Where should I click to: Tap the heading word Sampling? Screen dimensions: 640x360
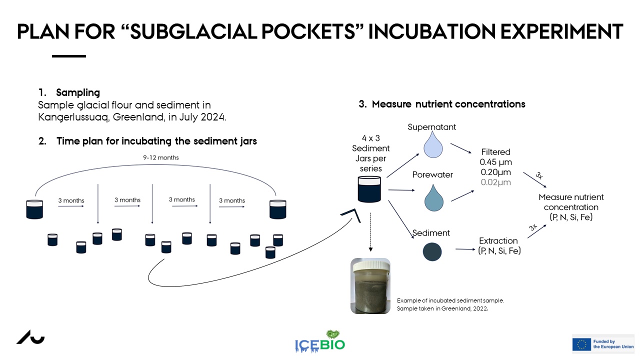78,92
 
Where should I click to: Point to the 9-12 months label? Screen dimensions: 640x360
161,157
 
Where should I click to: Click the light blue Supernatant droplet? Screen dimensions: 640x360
433,145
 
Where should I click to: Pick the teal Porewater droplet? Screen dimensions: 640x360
433,198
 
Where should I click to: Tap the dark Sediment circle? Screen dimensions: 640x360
432,251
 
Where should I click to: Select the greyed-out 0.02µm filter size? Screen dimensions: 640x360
495,182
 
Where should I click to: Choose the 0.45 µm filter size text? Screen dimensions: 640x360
495,162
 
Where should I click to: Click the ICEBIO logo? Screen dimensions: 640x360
320,341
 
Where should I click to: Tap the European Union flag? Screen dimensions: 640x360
581,344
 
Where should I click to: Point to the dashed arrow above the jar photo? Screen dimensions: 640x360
370,232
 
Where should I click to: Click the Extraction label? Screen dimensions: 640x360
498,240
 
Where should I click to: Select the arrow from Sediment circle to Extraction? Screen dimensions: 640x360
465,249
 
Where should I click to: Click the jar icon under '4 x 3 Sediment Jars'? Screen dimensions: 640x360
369,189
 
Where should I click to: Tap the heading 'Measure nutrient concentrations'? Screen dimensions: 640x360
448,104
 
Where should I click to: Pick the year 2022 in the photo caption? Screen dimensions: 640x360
480,308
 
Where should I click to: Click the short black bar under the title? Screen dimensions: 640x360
69,56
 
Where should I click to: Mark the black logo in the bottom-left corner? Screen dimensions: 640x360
30,337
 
